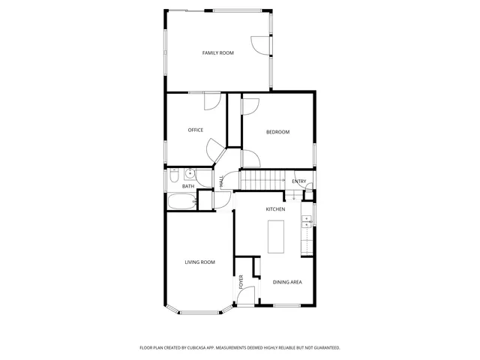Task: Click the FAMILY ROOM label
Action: pos(218,53)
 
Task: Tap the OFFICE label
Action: pos(196,130)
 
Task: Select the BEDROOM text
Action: pos(277,132)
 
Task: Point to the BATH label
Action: pos(187,186)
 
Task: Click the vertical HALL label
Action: pos(222,181)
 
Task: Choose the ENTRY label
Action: pos(298,181)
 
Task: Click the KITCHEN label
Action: pos(275,209)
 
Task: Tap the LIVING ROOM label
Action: pos(200,262)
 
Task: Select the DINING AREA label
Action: pos(287,282)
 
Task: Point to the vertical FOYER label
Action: pos(241,282)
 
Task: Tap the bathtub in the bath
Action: pos(181,201)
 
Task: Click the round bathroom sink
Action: pos(189,172)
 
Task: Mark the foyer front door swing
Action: pos(244,299)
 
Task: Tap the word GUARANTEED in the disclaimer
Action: pos(324,348)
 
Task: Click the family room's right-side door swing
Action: pos(260,44)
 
